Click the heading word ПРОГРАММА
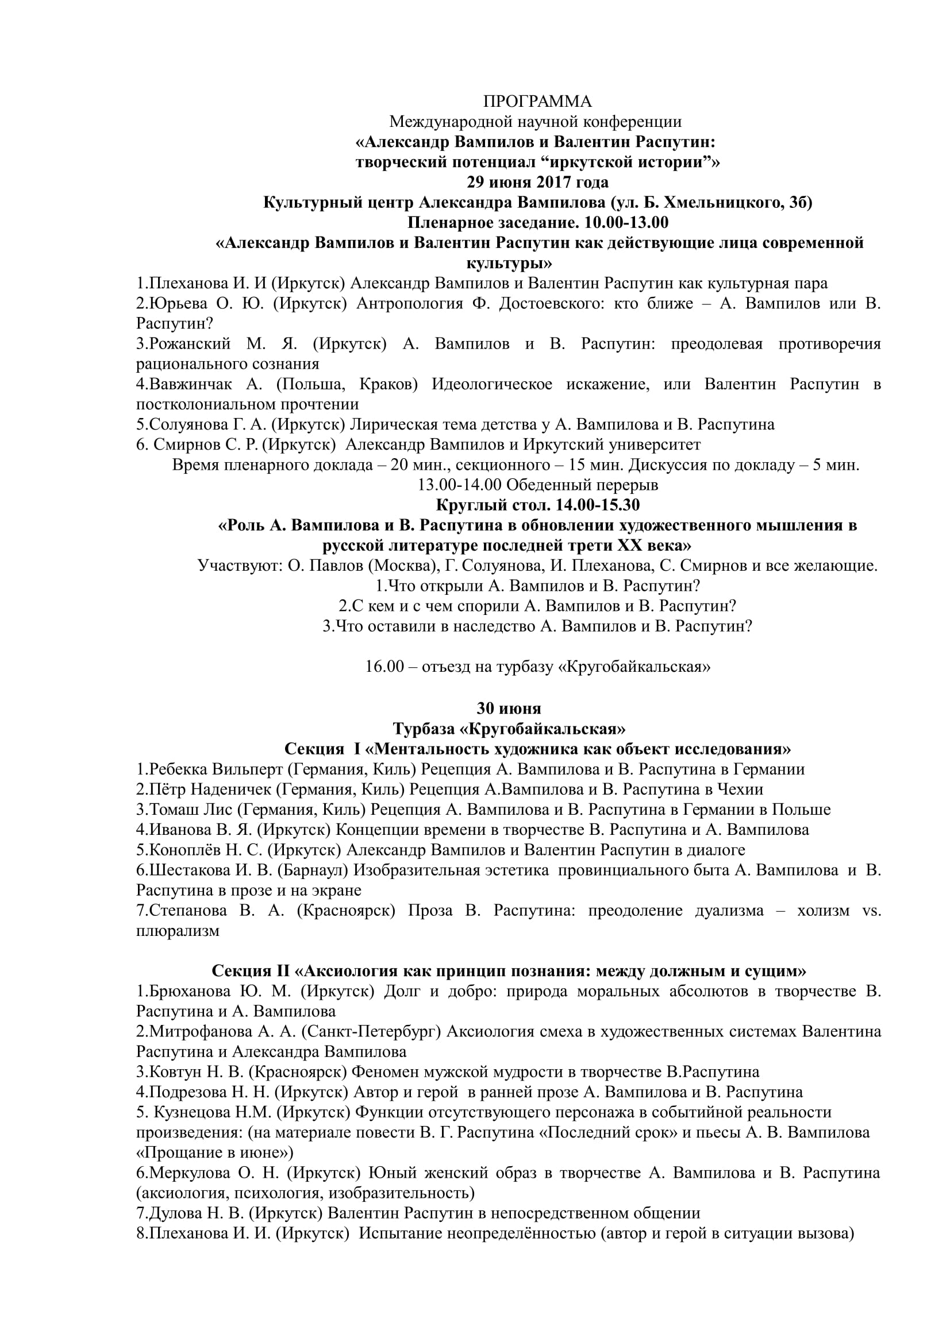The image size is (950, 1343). pyautogui.click(x=537, y=102)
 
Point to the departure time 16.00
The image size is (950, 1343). pyautogui.click(x=384, y=667)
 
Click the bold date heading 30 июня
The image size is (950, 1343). pyautogui.click(x=509, y=709)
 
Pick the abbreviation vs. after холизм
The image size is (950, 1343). pyautogui.click(x=871, y=910)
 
